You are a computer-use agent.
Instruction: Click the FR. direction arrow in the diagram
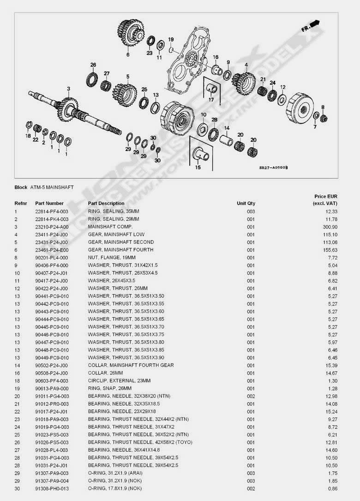(312, 26)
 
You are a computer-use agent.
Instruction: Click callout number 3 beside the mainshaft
(68, 88)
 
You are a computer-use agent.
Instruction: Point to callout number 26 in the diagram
(93, 65)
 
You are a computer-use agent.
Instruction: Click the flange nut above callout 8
(324, 117)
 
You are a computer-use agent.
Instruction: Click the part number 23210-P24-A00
(52, 227)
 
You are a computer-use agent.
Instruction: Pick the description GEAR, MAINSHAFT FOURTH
(114, 250)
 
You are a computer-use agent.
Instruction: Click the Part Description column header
(106, 203)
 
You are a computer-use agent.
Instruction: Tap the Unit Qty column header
(246, 203)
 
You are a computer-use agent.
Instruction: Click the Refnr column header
(21, 203)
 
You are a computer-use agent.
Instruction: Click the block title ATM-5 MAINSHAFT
(52, 187)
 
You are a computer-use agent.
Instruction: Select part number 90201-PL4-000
(52, 257)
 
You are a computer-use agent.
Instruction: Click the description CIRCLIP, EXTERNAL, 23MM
(119, 380)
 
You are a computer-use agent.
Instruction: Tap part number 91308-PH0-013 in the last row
(52, 489)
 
